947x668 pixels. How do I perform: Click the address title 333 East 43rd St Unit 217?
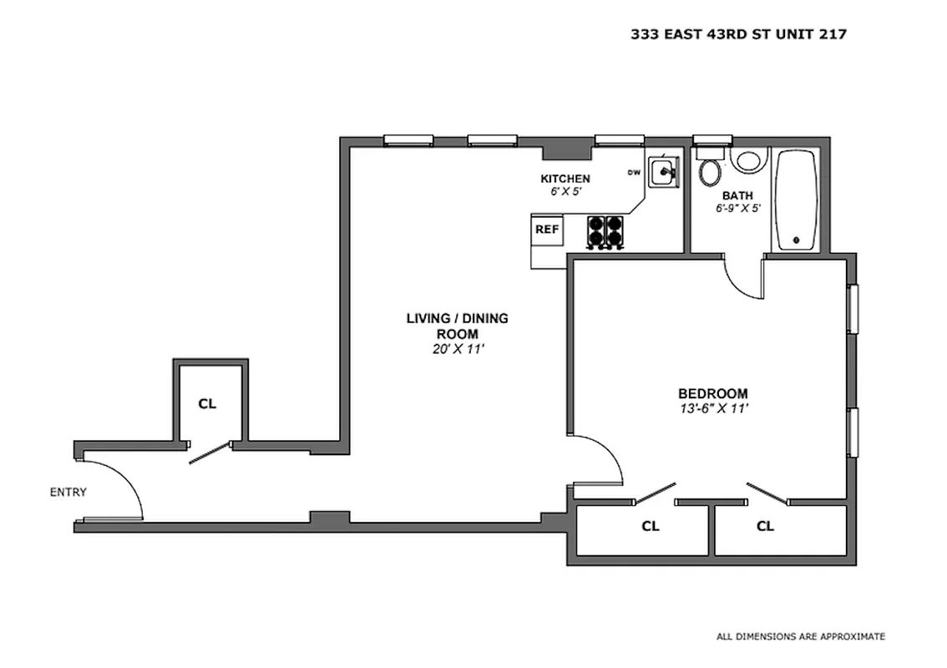point(738,34)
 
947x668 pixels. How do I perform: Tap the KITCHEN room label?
point(565,179)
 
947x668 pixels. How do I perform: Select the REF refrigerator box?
point(548,229)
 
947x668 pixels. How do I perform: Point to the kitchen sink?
point(666,172)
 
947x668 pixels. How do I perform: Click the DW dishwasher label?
point(634,173)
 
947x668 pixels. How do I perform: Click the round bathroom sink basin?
point(749,159)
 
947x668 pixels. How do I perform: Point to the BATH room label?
point(737,195)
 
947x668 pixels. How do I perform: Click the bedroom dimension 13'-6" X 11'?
point(712,409)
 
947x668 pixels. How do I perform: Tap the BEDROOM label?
point(712,393)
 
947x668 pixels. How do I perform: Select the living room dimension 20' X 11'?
point(453,349)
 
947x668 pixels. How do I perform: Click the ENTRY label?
point(68,492)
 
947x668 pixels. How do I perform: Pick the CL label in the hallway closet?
point(207,403)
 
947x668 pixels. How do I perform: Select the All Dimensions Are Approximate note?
point(800,636)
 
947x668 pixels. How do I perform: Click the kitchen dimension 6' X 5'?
point(565,192)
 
